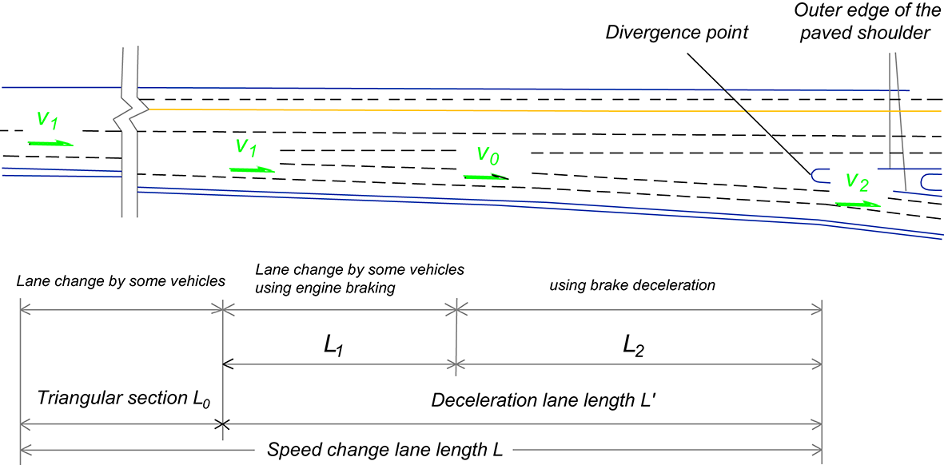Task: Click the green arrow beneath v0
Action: [486, 176]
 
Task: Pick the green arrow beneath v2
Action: [858, 205]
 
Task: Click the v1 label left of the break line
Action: [47, 120]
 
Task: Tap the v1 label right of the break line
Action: [246, 147]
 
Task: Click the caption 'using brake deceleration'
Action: [632, 284]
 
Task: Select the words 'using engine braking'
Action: [325, 288]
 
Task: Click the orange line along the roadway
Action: [520, 109]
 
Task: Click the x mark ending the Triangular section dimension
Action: [223, 423]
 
